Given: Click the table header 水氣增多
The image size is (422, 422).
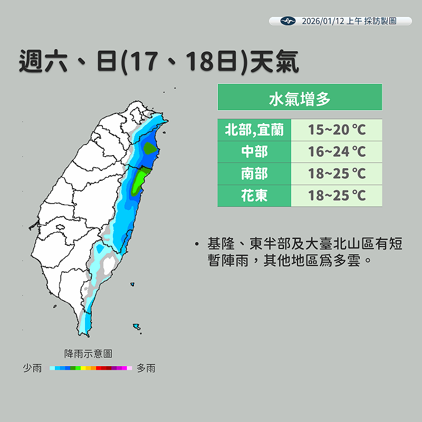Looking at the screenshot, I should click(299, 98).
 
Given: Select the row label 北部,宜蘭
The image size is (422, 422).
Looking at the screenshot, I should click(254, 130).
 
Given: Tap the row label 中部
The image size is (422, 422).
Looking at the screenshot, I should click(254, 152).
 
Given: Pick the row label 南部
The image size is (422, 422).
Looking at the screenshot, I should click(254, 174).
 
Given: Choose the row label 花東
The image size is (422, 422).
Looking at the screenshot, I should click(254, 196).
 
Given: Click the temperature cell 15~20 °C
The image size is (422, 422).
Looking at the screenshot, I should click(337, 130).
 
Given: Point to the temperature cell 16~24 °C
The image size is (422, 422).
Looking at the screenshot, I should click(337, 152).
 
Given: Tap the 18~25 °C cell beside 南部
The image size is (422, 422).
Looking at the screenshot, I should click(337, 174).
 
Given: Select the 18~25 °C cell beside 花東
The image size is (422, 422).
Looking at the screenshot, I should click(337, 196).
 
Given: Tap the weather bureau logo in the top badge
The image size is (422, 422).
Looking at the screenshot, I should click(287, 21).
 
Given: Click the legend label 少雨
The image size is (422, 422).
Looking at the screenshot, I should click(32, 368).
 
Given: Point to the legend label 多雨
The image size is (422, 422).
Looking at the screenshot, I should click(146, 368).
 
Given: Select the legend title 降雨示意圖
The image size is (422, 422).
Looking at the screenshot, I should click(88, 353).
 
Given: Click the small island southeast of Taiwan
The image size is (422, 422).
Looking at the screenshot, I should click(137, 327).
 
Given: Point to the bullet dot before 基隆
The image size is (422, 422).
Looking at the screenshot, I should click(197, 244).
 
